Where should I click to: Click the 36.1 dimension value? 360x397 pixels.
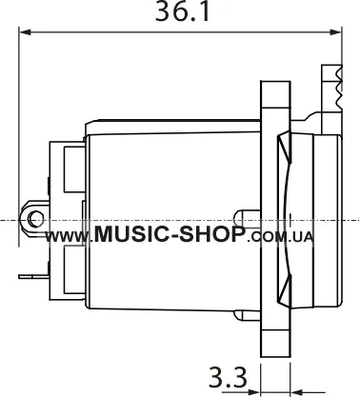[x=183, y=12]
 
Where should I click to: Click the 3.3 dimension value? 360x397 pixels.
[x=228, y=377]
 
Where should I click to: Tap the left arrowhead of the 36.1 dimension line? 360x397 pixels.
[x=26, y=31]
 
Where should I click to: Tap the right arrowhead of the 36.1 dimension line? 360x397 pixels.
[x=335, y=31]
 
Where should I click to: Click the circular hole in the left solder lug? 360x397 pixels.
[x=34, y=219]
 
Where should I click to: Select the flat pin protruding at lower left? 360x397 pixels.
[x=34, y=277]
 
